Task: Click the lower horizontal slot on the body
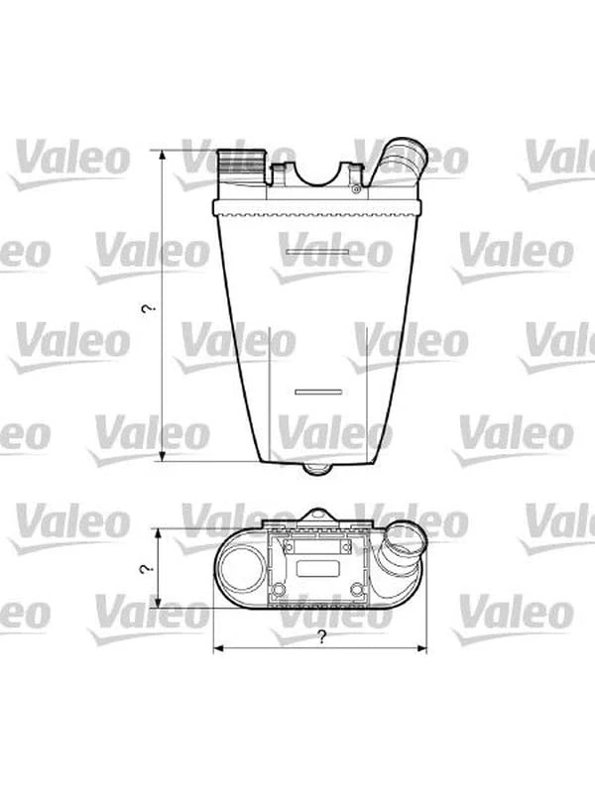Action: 317,392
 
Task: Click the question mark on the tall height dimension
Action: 147,309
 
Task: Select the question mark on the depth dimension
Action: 146,569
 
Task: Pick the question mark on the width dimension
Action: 322,637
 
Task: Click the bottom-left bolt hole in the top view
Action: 279,591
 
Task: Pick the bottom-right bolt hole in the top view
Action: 357,591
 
